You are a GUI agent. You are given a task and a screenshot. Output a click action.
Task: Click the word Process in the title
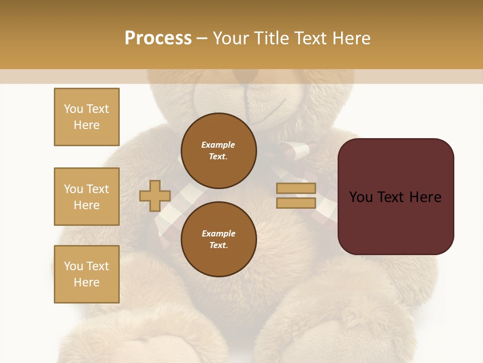158,38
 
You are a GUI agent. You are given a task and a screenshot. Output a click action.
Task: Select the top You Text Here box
87,117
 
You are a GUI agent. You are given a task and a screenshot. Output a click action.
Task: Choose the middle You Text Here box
87,197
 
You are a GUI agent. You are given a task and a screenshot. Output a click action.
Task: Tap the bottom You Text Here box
87,274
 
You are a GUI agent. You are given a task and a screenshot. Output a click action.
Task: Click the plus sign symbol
155,196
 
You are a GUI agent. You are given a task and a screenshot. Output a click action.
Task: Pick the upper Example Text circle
218,150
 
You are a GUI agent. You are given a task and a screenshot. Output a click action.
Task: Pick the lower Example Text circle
218,239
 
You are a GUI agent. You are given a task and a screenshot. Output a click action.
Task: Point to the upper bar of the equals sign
296,189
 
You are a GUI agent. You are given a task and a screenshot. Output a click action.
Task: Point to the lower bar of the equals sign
296,203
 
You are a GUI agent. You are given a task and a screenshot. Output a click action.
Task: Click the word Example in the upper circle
218,145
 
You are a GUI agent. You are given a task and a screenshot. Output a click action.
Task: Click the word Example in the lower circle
218,233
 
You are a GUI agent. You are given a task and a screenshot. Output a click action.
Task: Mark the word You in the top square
73,109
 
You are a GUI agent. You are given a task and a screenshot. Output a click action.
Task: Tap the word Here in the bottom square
87,282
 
